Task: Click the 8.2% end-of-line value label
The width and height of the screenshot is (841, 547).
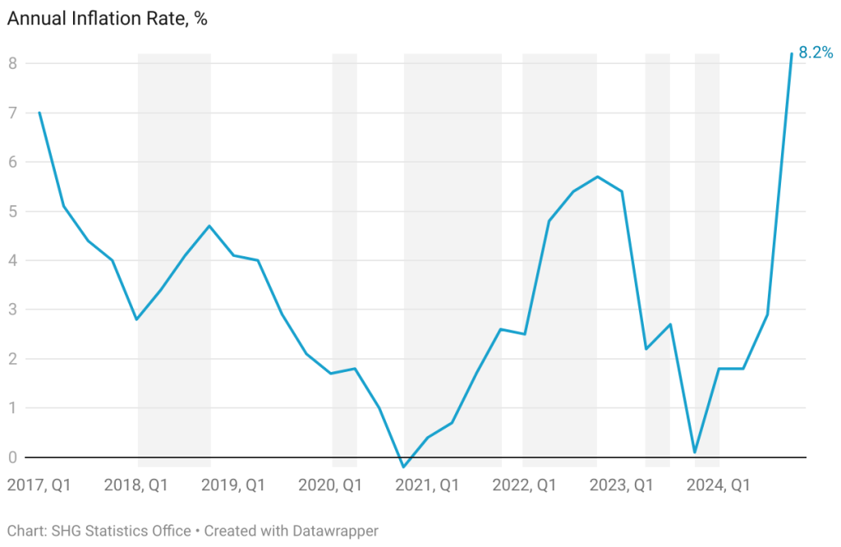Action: click(x=816, y=53)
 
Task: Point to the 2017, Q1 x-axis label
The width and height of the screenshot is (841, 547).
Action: click(x=39, y=485)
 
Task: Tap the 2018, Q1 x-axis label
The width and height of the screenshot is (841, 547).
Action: click(x=136, y=485)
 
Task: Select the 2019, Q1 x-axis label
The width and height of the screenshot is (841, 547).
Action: click(x=232, y=485)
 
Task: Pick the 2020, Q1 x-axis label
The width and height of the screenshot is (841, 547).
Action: click(x=329, y=485)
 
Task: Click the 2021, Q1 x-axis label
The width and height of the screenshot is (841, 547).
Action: click(x=426, y=485)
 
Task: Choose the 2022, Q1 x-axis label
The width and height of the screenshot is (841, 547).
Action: click(x=523, y=485)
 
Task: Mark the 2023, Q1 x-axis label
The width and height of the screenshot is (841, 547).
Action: click(x=620, y=485)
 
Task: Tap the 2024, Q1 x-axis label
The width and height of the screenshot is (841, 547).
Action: click(x=718, y=485)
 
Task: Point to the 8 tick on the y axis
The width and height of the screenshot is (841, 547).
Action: click(x=12, y=63)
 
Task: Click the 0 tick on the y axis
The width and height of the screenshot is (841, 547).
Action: click(x=12, y=457)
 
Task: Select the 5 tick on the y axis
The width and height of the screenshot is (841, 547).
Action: click(x=12, y=211)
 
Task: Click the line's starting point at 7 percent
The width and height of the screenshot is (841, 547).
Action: click(x=39, y=113)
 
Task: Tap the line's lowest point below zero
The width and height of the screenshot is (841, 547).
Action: click(x=403, y=467)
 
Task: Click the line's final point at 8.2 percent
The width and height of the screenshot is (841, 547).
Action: click(x=791, y=54)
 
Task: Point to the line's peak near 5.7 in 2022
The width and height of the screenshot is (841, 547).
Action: click(x=597, y=177)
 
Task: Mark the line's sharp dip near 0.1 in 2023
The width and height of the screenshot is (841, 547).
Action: click(x=695, y=452)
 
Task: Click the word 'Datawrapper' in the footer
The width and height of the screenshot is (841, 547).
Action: click(x=333, y=531)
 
